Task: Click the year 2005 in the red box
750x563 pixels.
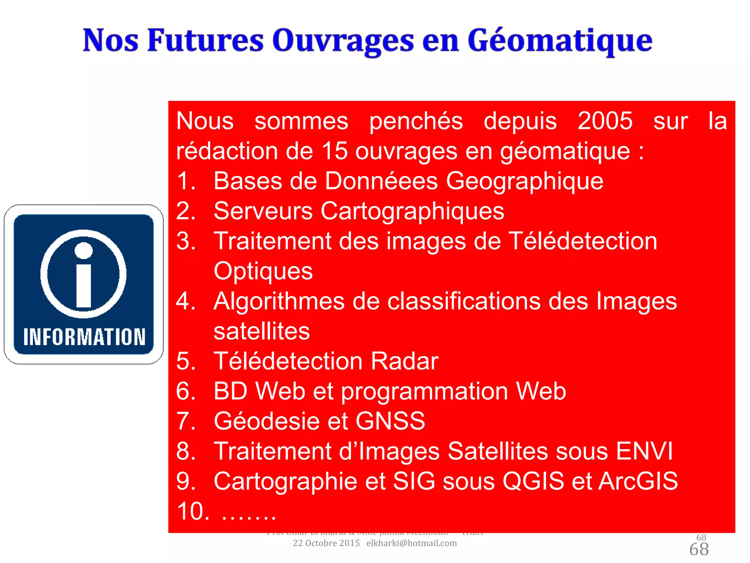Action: [x=605, y=121]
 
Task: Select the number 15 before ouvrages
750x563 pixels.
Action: [x=334, y=151]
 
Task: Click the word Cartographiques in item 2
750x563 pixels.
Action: [x=412, y=211]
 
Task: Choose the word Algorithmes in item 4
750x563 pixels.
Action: [x=279, y=301]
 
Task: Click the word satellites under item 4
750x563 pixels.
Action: [x=261, y=331]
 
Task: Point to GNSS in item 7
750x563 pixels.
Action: [x=390, y=421]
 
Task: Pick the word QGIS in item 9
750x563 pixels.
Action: [x=533, y=481]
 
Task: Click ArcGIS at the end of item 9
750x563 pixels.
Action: [x=638, y=481]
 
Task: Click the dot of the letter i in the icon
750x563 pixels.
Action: [x=83, y=250]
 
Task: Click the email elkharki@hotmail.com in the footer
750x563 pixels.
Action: [x=411, y=543]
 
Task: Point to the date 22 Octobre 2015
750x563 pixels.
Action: [x=326, y=543]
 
